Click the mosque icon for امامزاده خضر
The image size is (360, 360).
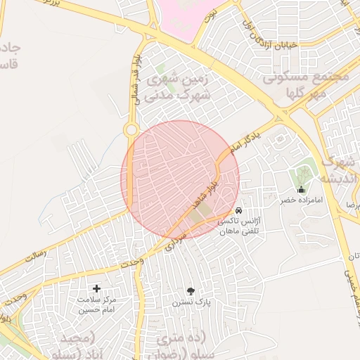tap(302, 189)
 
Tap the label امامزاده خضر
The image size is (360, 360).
tap(302, 200)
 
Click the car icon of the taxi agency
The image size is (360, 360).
tap(239, 210)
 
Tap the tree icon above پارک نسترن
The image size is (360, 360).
tap(191, 290)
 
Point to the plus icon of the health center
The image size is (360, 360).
tap(97, 288)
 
